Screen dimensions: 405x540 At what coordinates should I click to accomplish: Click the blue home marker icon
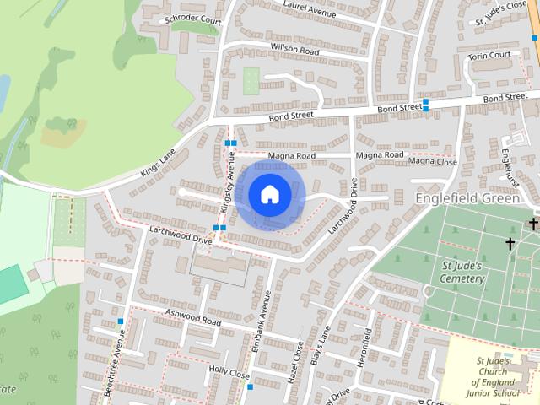click(x=269, y=194)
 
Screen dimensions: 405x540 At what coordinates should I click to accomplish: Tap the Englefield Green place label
click(x=471, y=197)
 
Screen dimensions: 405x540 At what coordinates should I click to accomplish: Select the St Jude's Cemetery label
click(x=463, y=273)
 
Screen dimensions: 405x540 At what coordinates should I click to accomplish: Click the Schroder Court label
click(x=193, y=18)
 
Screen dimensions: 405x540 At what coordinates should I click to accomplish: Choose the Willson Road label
click(x=294, y=51)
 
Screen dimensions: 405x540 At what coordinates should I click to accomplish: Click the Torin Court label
click(x=489, y=56)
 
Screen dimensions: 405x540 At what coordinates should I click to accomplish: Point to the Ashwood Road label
click(x=192, y=317)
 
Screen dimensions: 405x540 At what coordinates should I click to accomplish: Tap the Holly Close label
click(x=229, y=371)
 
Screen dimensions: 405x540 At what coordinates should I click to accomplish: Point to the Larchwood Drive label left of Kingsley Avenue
click(x=180, y=234)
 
